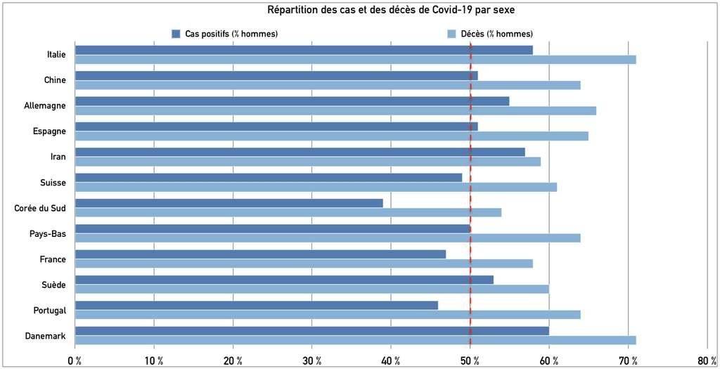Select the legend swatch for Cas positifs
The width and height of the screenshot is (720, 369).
(x=176, y=34)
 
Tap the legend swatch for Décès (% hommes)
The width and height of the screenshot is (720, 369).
(x=451, y=34)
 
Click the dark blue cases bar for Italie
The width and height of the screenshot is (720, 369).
(x=304, y=50)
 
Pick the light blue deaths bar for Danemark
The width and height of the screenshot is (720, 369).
(x=355, y=340)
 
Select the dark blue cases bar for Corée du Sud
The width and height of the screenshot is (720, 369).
(x=229, y=203)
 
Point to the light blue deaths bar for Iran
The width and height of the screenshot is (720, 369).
(x=308, y=162)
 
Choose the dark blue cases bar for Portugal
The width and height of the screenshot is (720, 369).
(x=257, y=305)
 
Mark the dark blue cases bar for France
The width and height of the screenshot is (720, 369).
(x=260, y=254)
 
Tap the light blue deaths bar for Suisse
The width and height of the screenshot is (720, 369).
(x=316, y=187)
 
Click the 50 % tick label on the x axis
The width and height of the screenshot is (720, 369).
(x=469, y=361)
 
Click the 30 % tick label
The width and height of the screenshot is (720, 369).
(x=311, y=361)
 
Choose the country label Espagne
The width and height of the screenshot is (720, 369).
(x=51, y=131)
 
